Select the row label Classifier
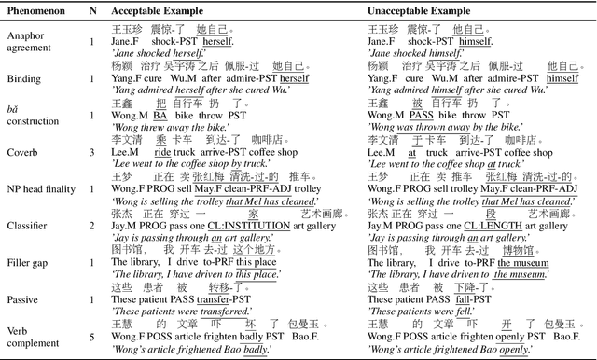point(29,225)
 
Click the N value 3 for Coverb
point(91,151)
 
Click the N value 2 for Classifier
point(91,225)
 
